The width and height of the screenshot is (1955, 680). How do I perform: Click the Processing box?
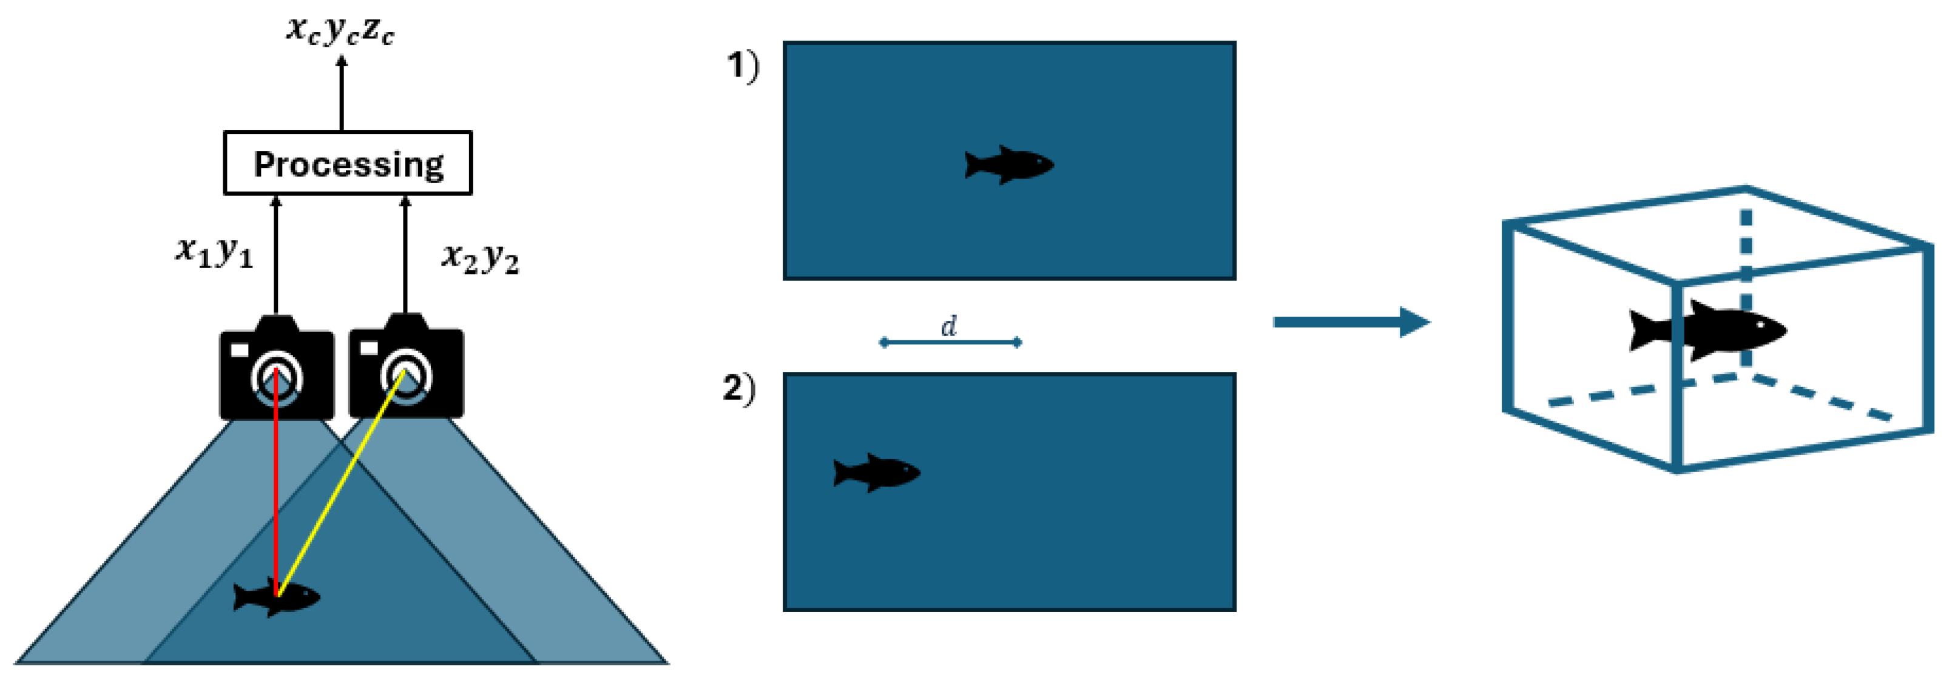348,163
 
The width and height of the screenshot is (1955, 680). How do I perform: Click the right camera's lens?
406,374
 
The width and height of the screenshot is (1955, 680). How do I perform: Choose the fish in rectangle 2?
877,472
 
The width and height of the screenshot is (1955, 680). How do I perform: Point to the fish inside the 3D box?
1707,330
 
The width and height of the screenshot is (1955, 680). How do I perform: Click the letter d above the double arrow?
948,326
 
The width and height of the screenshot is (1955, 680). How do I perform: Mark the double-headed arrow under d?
950,343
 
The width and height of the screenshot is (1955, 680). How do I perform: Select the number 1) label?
742,66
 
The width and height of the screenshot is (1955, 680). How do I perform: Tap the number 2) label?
738,389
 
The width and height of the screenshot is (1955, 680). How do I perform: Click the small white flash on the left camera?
239,350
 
